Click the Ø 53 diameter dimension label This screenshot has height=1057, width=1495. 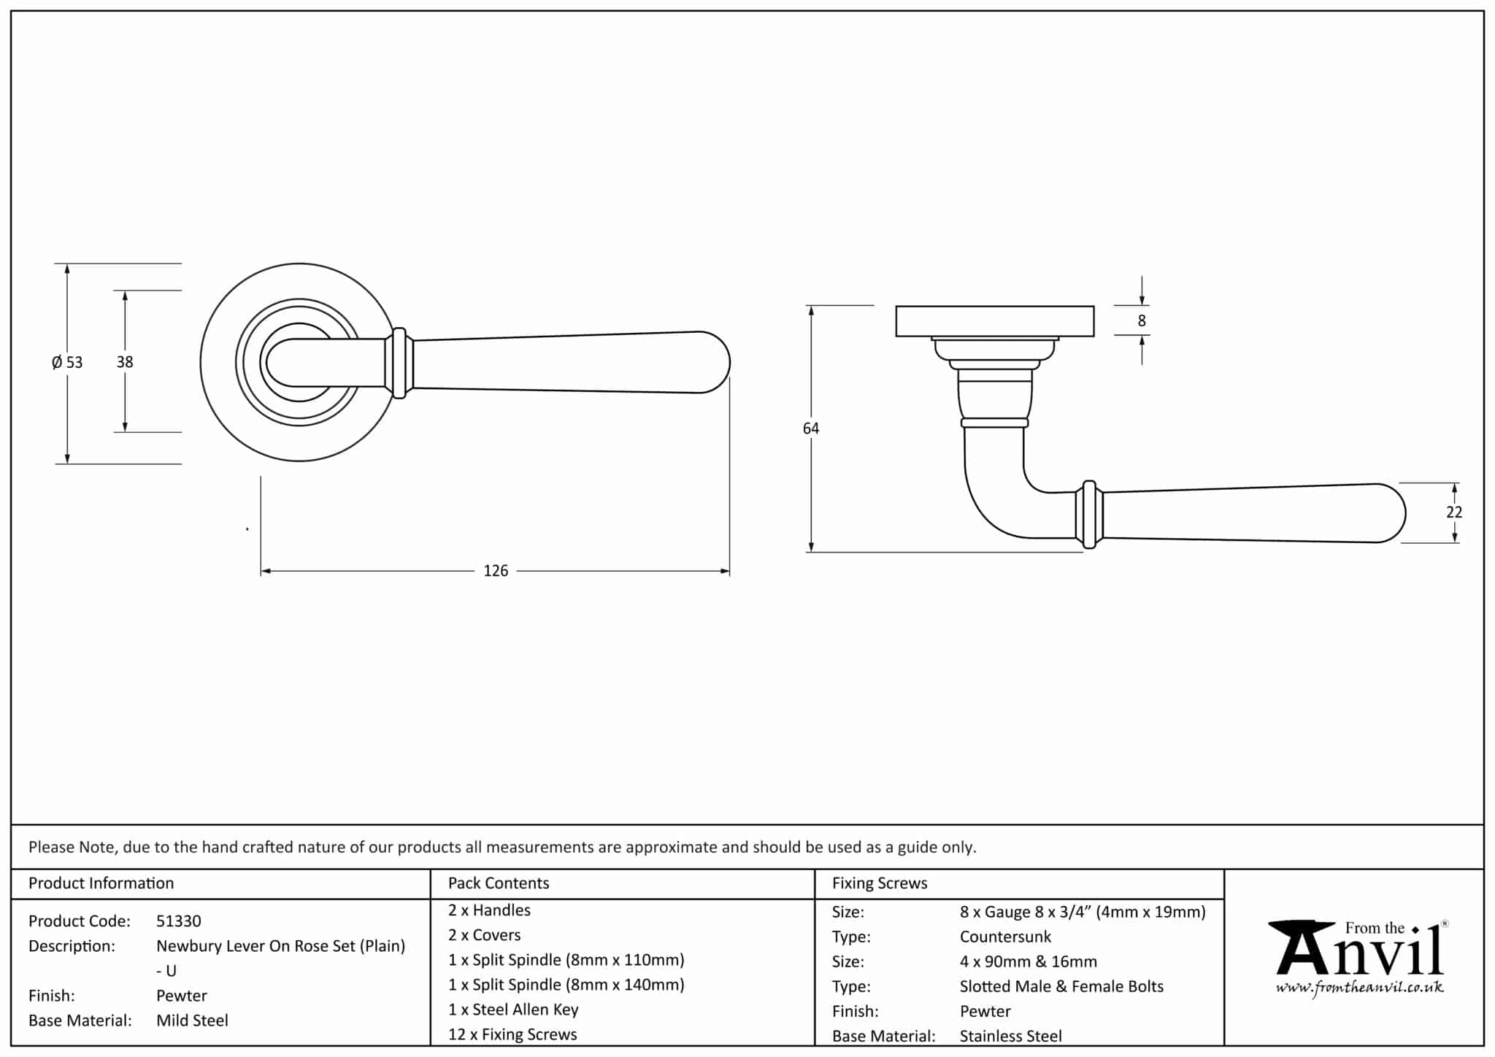tap(67, 362)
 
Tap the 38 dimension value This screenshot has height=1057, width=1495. tap(125, 361)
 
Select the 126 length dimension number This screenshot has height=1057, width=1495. tap(496, 571)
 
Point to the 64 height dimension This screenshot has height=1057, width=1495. tap(811, 428)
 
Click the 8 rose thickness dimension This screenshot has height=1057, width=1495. tap(1142, 320)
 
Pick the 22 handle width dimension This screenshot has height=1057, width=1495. tap(1454, 512)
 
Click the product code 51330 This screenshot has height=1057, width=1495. tap(179, 921)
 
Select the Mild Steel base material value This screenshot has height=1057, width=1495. tap(192, 1021)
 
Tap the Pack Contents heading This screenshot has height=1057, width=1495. tap(499, 883)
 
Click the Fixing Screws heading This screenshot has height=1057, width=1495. tap(880, 883)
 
